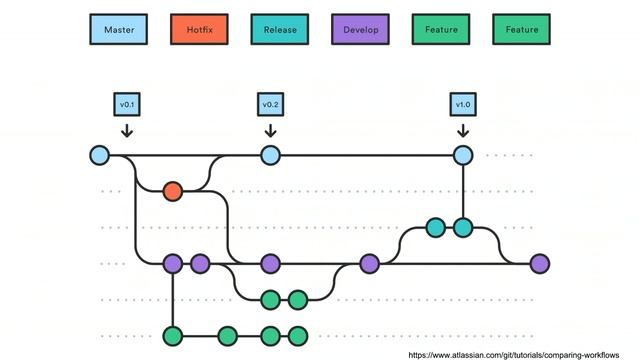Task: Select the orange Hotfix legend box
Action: tap(199, 30)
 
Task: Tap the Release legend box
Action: tap(280, 30)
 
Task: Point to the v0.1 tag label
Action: tap(126, 104)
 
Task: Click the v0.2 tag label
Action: tap(270, 104)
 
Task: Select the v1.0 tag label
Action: tap(463, 104)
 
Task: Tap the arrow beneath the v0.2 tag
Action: tap(270, 130)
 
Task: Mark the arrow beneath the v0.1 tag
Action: tap(126, 130)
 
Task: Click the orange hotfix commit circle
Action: tap(172, 190)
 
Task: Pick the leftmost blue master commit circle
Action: tap(99, 155)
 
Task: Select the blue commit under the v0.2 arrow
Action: tap(270, 155)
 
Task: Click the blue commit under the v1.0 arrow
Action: tap(463, 155)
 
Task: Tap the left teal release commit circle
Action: tap(435, 228)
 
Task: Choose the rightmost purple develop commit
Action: tap(540, 264)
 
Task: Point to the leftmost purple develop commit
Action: tap(173, 264)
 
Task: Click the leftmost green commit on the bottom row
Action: tap(173, 335)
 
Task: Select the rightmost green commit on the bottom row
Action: tap(297, 335)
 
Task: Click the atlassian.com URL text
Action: tap(521, 353)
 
